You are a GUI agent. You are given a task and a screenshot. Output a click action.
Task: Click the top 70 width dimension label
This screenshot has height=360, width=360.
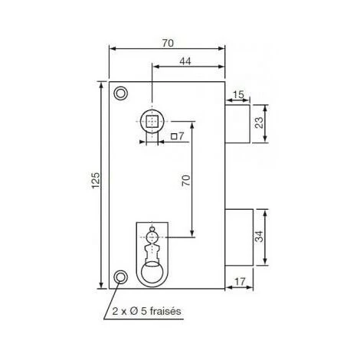[x=168, y=44]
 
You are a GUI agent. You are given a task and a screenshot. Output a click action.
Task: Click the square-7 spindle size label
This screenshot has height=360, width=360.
[x=178, y=137]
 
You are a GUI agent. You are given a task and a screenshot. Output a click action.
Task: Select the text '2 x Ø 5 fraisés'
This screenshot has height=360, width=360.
[x=146, y=312]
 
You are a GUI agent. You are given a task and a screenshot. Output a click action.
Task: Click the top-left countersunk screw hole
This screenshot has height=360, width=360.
[x=119, y=93]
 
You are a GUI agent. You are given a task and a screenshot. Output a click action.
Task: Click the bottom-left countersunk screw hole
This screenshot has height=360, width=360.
[x=119, y=277]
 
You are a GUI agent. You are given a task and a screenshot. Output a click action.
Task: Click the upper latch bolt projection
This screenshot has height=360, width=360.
[x=238, y=123]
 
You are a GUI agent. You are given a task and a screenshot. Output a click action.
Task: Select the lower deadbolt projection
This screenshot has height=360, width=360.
[x=239, y=238]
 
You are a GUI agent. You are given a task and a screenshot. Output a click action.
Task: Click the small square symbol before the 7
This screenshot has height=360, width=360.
[x=174, y=137]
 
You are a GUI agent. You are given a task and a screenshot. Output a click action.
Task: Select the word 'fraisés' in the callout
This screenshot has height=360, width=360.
[x=167, y=312]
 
